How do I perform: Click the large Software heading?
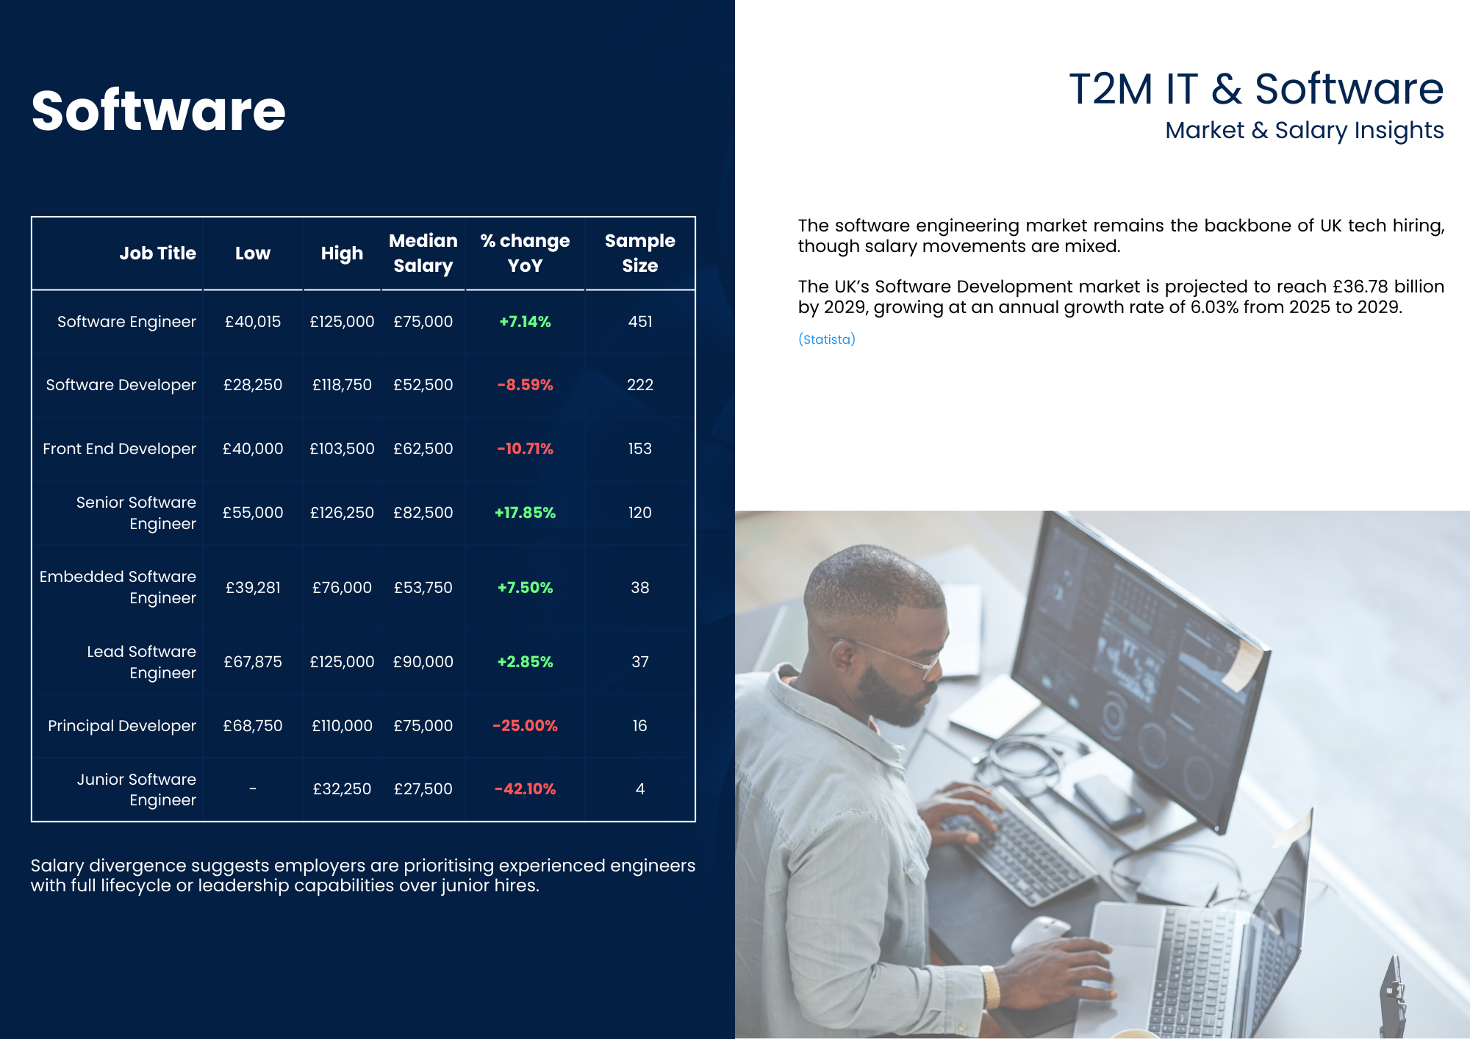pos(158,110)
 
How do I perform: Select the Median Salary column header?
pos(423,253)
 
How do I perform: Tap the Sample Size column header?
pos(639,253)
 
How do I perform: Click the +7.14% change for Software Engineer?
pos(525,322)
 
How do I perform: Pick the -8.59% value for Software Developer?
pos(525,385)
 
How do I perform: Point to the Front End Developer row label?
pos(119,449)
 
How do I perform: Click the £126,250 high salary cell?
pos(342,513)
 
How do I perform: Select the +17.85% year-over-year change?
pos(525,513)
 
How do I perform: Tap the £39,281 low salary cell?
pos(253,588)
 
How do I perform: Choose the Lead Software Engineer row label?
pos(142,662)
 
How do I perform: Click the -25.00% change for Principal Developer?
pos(525,726)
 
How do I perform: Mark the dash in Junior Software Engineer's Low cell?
pos(253,788)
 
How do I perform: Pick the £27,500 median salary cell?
pos(423,789)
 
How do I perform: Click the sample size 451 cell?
pos(640,322)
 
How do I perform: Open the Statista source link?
pos(827,339)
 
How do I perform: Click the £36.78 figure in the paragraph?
pos(1360,287)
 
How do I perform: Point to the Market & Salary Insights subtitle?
pos(1305,130)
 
